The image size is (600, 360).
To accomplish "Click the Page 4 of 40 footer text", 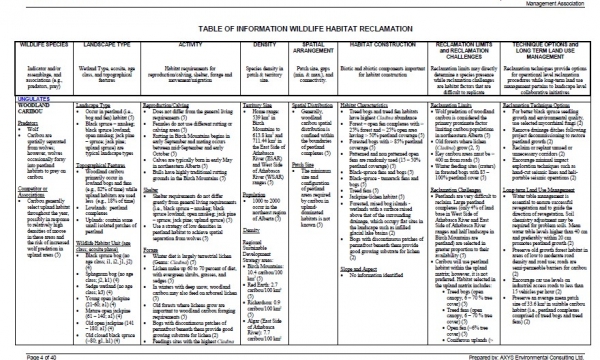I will click(x=23, y=355).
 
